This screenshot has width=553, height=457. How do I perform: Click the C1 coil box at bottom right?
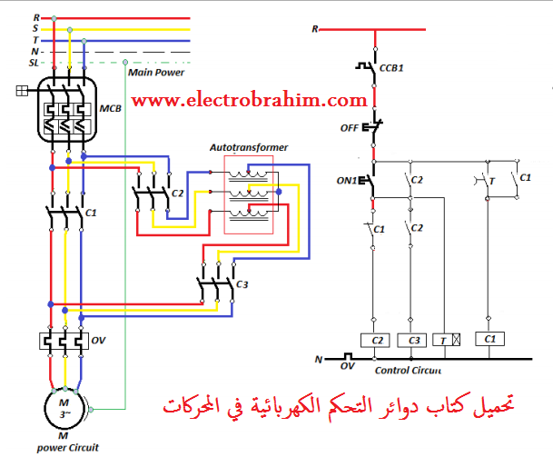pos(491,339)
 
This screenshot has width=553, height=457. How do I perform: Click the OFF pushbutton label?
pos(349,128)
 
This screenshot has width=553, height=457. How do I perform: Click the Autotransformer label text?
pos(249,145)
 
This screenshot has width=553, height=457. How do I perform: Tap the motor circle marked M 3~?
pos(64,409)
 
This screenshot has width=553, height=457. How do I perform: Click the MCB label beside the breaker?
pos(111,109)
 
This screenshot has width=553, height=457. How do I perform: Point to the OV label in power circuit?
pos(99,341)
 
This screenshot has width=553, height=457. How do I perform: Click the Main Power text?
pos(155,71)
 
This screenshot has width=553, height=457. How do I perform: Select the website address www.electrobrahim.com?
pos(250,99)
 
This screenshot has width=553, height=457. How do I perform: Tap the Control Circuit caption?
pos(409,370)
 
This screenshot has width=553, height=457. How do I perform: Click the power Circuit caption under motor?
pos(67,447)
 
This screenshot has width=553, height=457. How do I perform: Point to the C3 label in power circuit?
pos(242,284)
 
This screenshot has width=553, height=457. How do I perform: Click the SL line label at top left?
pos(34,63)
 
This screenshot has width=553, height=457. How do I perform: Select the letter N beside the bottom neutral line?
pos(318,360)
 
